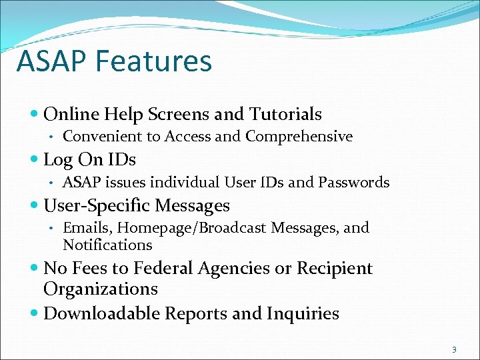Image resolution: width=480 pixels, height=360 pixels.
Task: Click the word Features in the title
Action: click(x=153, y=61)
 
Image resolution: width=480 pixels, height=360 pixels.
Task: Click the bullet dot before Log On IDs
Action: click(x=35, y=160)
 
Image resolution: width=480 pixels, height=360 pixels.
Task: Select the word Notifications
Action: click(x=107, y=245)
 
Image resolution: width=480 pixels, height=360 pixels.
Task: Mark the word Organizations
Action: click(x=101, y=289)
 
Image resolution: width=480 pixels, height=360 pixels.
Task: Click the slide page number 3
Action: click(x=454, y=349)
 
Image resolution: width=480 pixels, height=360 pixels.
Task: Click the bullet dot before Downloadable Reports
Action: click(x=35, y=313)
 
